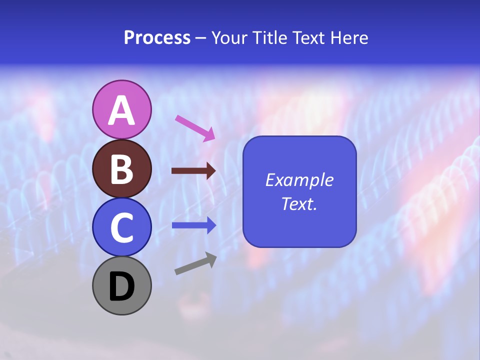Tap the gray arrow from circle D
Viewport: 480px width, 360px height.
pos(195,263)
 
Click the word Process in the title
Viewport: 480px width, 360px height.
pos(157,37)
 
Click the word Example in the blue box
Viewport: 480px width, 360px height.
pos(299,180)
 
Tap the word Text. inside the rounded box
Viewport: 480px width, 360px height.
pos(299,203)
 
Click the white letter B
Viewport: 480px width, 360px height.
pos(121,169)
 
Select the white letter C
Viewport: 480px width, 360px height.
pos(121,228)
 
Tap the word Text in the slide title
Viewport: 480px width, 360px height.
pos(307,37)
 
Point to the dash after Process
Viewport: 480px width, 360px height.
pos(200,38)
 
